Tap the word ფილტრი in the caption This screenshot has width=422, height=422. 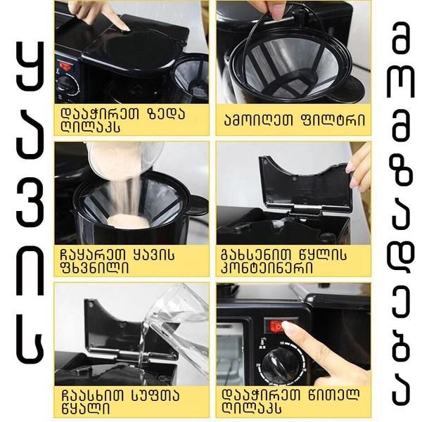(332, 120)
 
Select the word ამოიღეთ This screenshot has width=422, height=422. (258, 120)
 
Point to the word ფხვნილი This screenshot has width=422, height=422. (95, 267)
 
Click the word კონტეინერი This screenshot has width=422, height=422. (267, 267)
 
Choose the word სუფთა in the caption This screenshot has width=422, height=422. (155, 395)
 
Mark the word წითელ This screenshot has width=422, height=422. (333, 395)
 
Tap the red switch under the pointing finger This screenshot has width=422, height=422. (279, 326)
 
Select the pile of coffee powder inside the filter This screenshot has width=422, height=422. (127, 222)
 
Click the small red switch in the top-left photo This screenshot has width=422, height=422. (65, 66)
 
